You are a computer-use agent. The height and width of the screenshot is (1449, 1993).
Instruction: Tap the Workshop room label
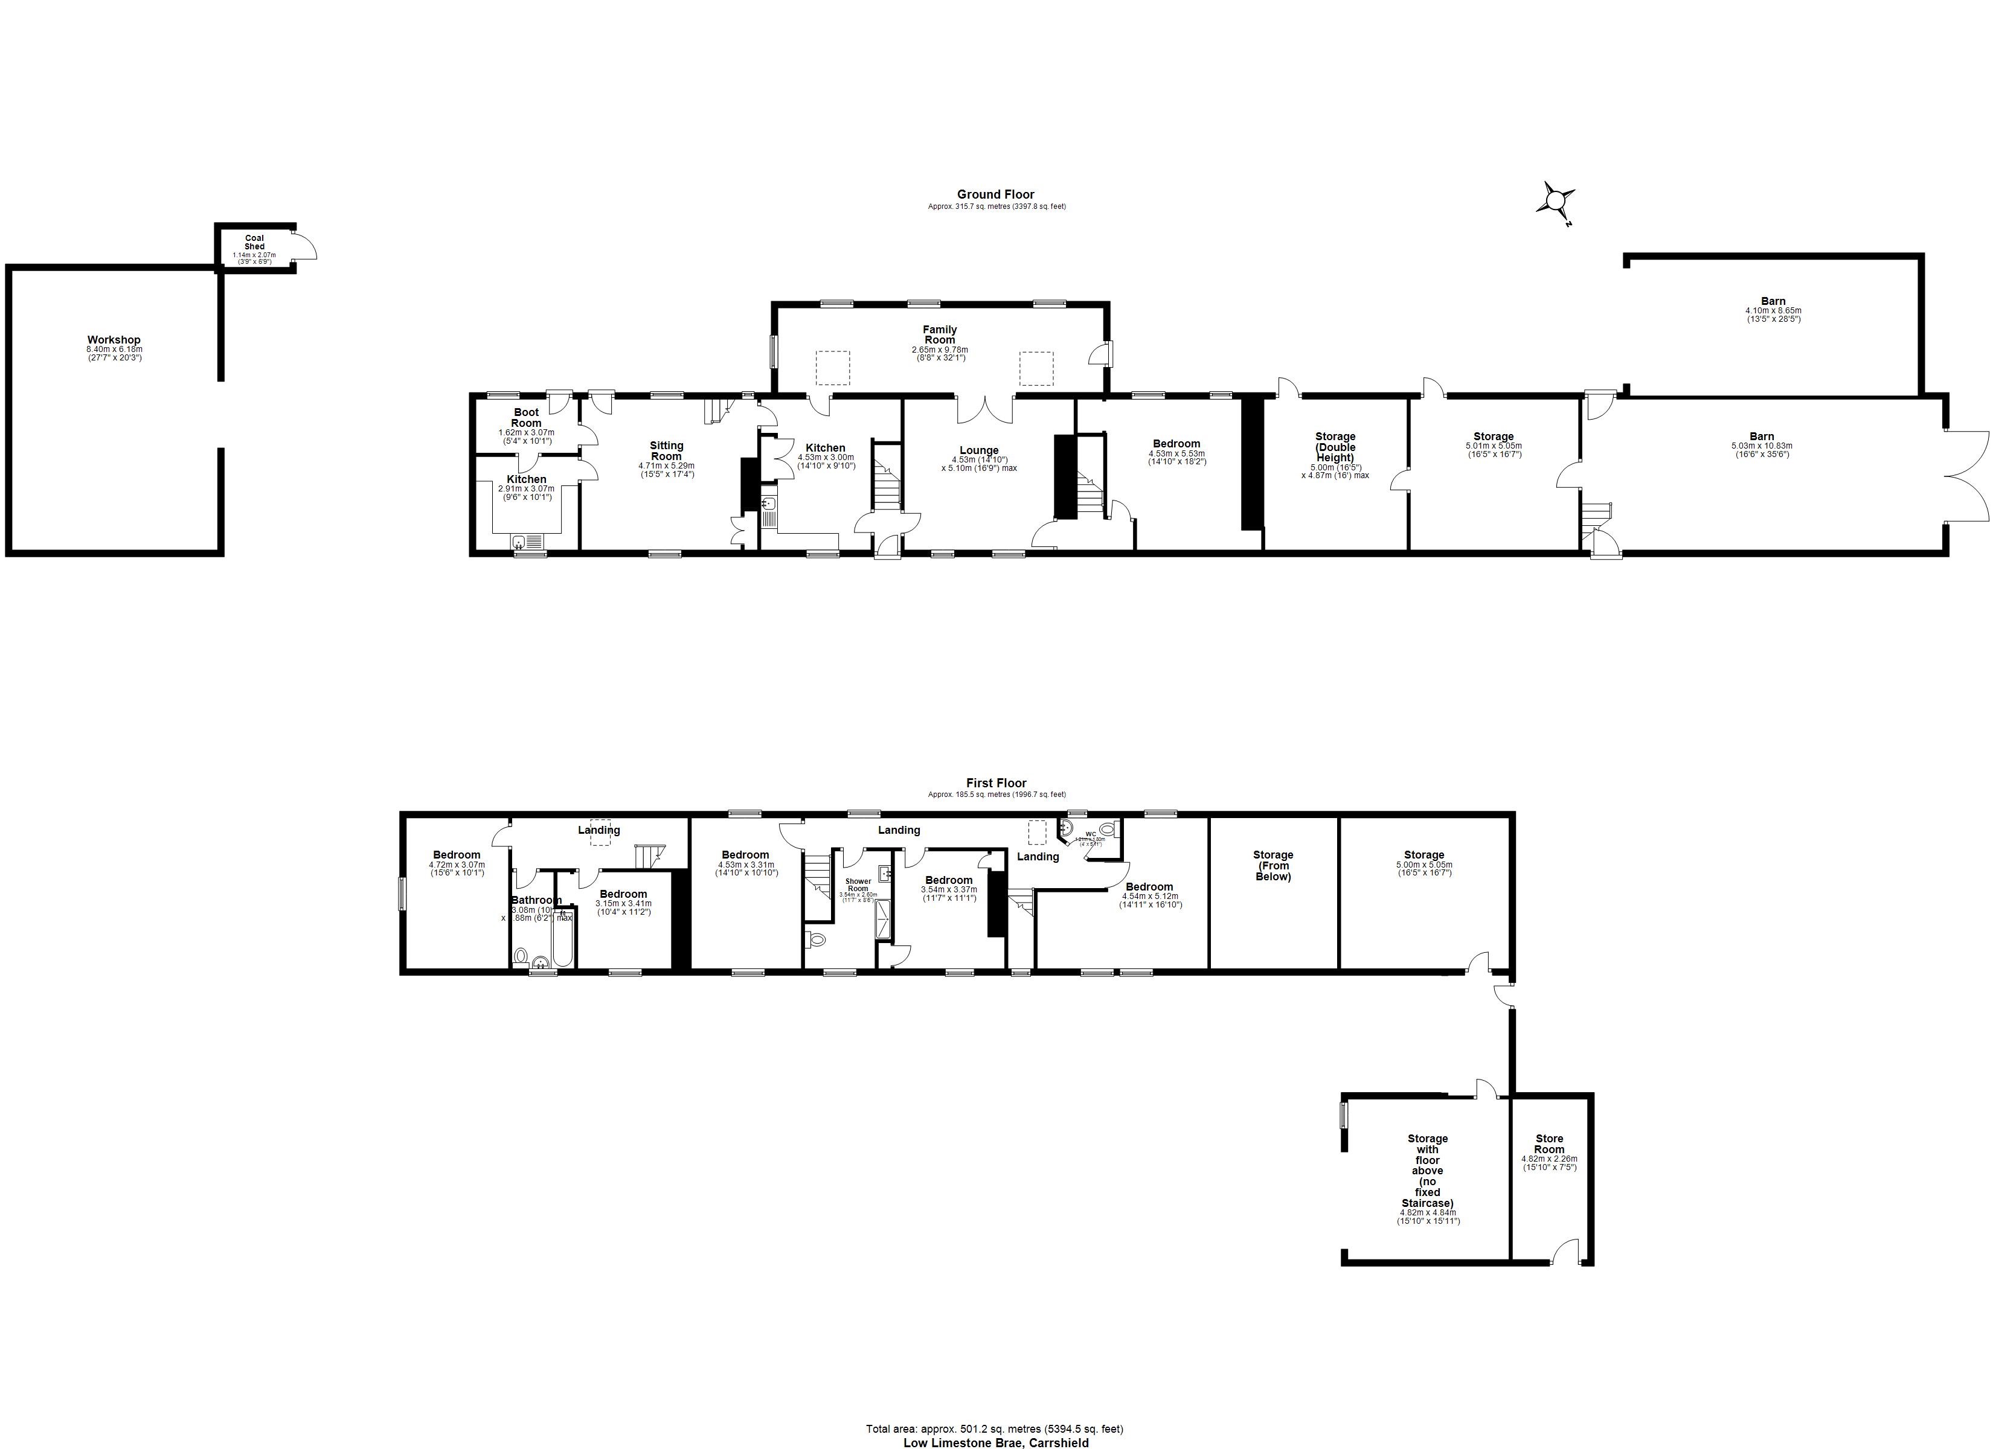click(114, 340)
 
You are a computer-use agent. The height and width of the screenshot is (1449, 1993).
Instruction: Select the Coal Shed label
click(254, 241)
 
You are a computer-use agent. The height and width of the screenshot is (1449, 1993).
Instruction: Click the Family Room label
click(939, 335)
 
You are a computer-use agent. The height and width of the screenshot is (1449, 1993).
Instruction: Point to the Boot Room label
click(527, 417)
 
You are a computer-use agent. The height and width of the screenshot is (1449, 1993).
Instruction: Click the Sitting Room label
click(666, 451)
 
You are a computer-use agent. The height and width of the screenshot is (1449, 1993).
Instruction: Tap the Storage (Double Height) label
click(1335, 446)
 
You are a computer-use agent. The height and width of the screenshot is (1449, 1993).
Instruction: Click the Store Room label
click(1549, 1144)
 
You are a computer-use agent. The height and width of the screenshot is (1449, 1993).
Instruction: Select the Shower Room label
click(858, 885)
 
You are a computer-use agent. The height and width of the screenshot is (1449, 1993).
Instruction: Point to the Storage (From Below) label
click(1273, 866)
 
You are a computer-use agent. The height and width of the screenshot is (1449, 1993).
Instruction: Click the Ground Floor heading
click(996, 194)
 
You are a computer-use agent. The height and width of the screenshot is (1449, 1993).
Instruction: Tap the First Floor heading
click(996, 783)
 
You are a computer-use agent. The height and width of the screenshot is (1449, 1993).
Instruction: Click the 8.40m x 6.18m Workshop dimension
click(114, 349)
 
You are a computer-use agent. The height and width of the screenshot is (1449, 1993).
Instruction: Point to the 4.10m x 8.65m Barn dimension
click(1773, 311)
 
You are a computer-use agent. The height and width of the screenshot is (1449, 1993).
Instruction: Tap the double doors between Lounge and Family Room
click(984, 409)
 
